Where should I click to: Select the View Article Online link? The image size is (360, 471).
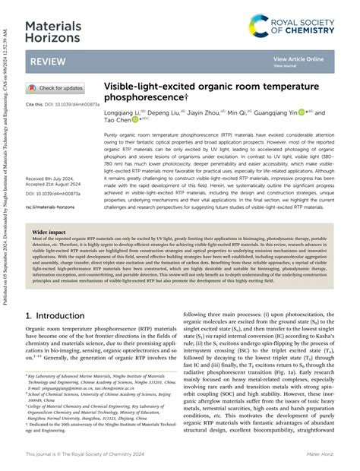[298, 58]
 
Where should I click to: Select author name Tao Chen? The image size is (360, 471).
[116, 120]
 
